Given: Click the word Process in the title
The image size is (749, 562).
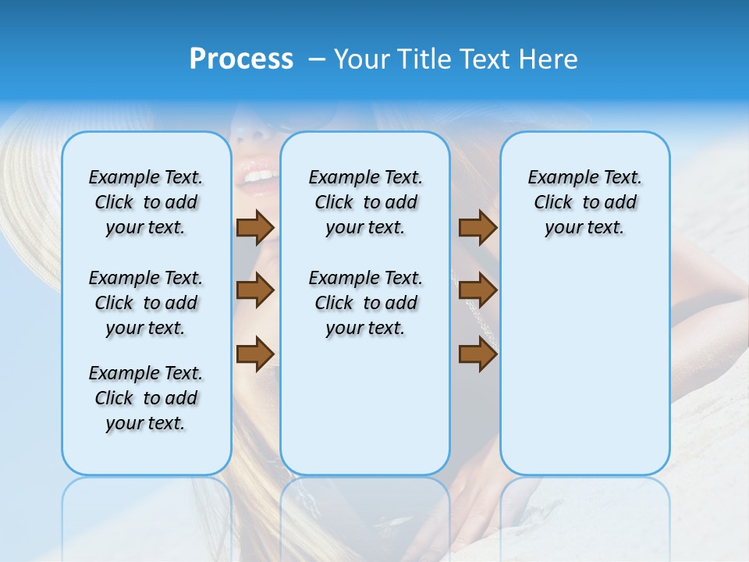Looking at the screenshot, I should pos(241,59).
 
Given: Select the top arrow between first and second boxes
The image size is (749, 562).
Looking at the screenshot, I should pos(254,227).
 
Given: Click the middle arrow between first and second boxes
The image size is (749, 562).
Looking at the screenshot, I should pos(254,290).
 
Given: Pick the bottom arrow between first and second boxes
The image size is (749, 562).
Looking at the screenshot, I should pos(254,354).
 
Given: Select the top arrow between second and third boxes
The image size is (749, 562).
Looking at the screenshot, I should pos(477,227).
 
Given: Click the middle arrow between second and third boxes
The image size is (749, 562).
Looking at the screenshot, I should pos(477,290).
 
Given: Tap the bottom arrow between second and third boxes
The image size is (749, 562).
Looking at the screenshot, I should pos(477,354).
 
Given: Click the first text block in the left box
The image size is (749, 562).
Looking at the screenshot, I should pos(146,202).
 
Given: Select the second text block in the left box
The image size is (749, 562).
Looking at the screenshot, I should pos(146,303).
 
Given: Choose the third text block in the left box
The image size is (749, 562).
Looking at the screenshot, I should pos(146,398).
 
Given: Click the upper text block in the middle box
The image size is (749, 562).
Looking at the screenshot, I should pos(365,202).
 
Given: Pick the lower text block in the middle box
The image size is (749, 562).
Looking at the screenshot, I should pos(365,303).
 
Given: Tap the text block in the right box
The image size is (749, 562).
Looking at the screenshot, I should pos(584,202).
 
